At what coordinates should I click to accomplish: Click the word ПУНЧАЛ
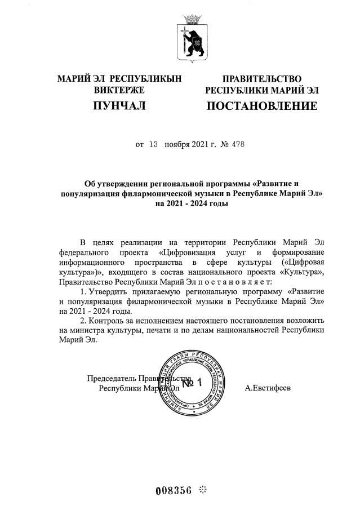point(119,105)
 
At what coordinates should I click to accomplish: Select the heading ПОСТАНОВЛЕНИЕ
point(261,105)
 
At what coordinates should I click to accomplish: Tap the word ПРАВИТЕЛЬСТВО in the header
point(261,79)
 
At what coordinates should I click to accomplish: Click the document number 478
point(237,145)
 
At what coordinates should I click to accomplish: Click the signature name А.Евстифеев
point(269,388)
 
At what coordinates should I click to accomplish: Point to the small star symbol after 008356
point(204,489)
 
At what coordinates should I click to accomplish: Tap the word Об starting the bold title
point(90,183)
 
